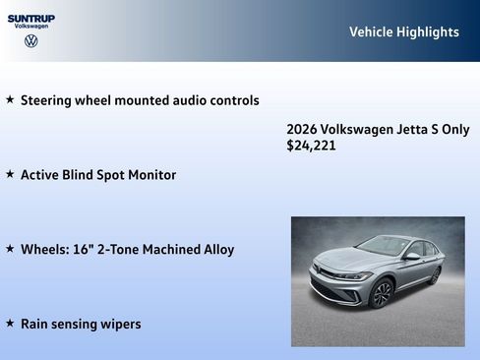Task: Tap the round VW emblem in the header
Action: [31, 41]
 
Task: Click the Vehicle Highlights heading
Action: [403, 32]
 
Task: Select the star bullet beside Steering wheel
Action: [10, 99]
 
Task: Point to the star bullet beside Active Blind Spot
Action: [10, 174]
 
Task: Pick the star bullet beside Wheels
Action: [10, 249]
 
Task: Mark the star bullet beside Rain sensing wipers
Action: [10, 324]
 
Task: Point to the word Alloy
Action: [216, 250]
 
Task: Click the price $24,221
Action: [311, 146]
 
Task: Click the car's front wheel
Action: [382, 292]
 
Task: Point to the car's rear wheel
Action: [434, 275]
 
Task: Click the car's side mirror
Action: [412, 257]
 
